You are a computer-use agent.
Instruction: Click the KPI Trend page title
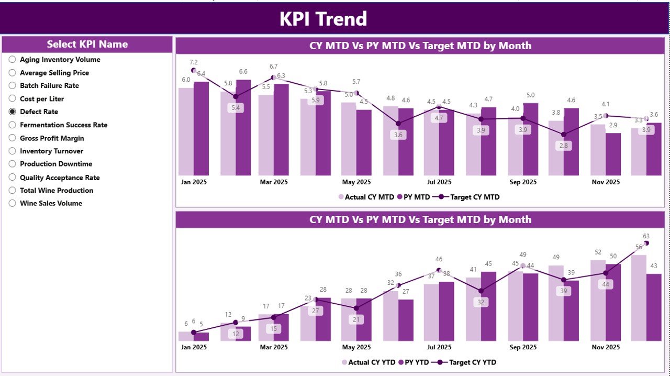coord(323,19)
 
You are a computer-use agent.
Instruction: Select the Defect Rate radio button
coord(13,112)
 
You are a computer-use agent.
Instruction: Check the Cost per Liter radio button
coord(13,98)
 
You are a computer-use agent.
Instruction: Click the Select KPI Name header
coord(87,45)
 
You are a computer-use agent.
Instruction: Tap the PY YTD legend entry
coord(415,362)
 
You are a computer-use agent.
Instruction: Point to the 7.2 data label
coord(194,62)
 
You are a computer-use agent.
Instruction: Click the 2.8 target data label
coord(563,146)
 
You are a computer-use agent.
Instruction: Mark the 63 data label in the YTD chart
coord(646,236)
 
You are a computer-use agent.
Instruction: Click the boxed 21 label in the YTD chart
coord(356,319)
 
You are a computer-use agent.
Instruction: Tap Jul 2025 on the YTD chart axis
coord(439,347)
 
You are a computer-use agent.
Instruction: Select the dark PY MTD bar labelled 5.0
coord(530,139)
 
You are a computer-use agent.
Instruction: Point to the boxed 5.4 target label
coord(236,108)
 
